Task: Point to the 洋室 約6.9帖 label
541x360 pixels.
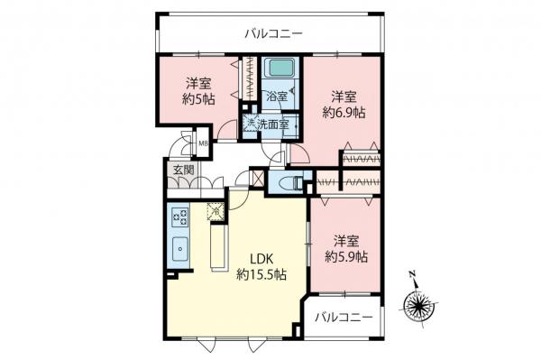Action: point(344,105)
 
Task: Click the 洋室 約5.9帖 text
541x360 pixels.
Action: point(347,249)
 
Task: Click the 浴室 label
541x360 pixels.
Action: point(276,97)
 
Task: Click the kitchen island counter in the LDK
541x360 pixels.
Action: point(217,245)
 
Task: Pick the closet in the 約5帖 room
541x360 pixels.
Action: point(243,82)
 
